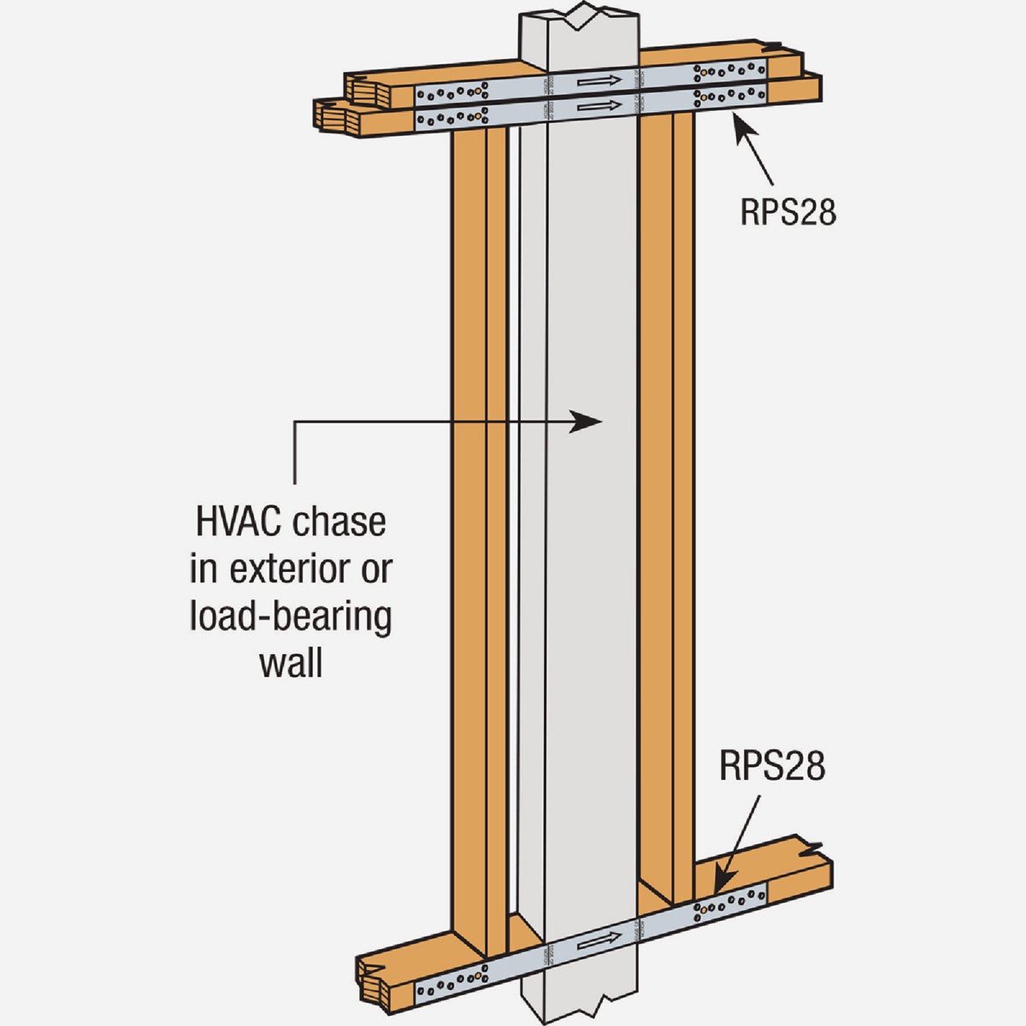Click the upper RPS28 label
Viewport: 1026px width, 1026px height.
click(787, 211)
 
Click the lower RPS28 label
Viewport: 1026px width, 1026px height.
click(773, 766)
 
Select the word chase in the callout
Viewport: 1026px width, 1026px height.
click(339, 522)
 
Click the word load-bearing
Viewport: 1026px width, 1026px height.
click(290, 616)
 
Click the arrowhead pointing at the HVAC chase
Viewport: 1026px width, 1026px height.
click(590, 420)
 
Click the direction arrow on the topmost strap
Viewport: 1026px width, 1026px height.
click(596, 81)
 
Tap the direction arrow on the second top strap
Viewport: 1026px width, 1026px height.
click(596, 109)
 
